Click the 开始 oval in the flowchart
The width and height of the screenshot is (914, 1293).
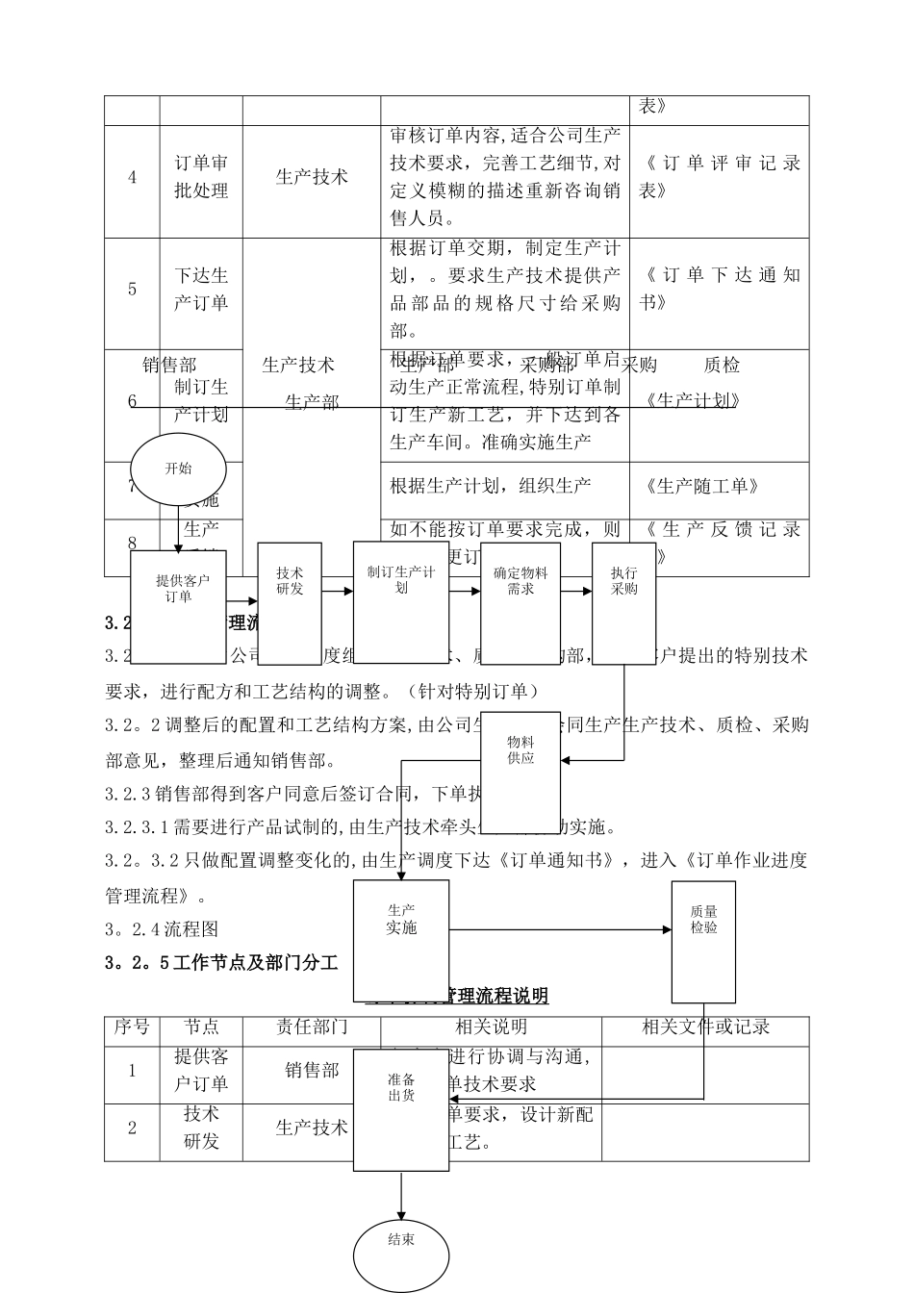[x=178, y=469]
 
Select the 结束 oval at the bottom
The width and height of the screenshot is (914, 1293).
[x=401, y=1254]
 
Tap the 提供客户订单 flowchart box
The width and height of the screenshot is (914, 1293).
[x=178, y=606]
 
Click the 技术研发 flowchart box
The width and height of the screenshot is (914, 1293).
[x=290, y=603]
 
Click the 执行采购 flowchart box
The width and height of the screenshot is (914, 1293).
[x=623, y=597]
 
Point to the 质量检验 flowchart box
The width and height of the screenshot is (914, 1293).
[x=703, y=941]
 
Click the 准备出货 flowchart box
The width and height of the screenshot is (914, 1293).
[x=401, y=1109]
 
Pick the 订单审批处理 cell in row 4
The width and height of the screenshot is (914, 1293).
[x=201, y=177]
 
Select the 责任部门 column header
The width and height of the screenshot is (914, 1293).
[x=312, y=1027]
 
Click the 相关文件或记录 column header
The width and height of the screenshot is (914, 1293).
[x=705, y=1027]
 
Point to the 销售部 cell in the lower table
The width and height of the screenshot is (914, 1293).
[x=312, y=1071]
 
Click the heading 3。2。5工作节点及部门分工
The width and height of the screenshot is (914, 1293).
[x=222, y=962]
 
